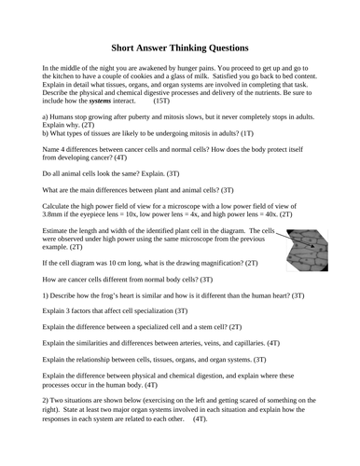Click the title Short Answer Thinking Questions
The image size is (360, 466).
click(x=180, y=46)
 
